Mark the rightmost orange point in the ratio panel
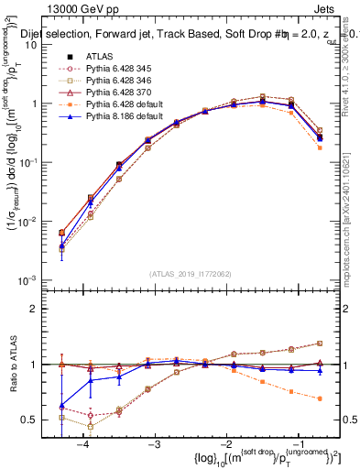(320, 398)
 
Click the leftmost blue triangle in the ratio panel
(61, 405)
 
